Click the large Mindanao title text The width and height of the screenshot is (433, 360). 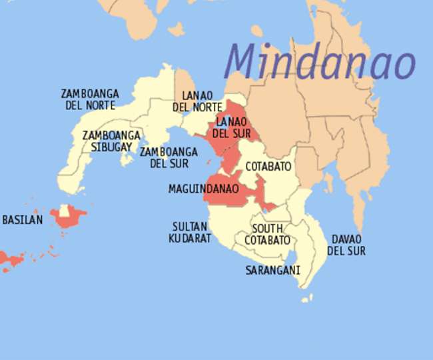[320, 61]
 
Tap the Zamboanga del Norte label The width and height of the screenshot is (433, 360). [88, 99]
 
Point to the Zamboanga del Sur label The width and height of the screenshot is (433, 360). [169, 157]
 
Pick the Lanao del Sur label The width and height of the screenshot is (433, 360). [231, 127]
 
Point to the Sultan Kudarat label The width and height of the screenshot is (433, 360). [190, 232]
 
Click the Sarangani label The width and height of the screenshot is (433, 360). [272, 271]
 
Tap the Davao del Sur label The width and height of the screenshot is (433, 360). [346, 245]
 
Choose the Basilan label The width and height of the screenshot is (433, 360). [22, 219]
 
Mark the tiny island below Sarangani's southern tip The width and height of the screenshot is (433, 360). [305, 299]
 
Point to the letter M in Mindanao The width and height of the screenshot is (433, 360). [242, 61]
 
